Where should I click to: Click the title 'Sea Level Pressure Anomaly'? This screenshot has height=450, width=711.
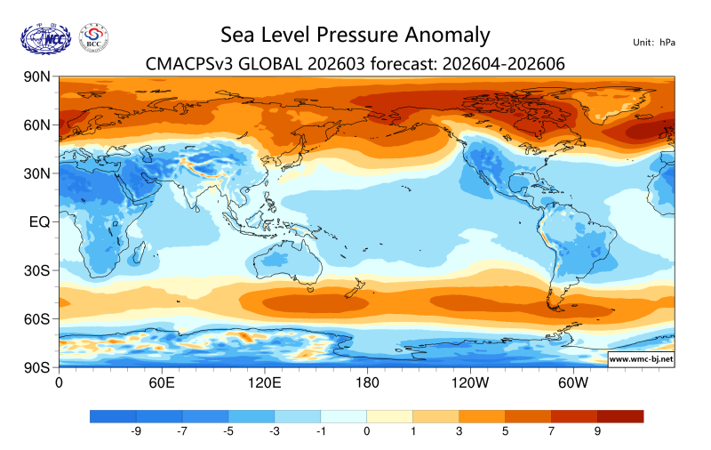pos(355,36)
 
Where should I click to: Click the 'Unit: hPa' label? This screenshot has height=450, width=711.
pos(655,42)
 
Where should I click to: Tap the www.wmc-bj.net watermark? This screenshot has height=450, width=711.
pos(640,359)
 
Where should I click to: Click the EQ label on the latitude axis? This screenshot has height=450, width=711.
pos(39,221)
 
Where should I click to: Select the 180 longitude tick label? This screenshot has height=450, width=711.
pos(366,383)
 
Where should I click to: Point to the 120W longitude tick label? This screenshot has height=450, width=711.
pos(470,383)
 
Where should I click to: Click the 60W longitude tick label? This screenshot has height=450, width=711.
pos(573,383)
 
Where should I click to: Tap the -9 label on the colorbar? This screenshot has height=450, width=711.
pos(137,431)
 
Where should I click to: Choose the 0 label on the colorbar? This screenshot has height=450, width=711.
pos(367,431)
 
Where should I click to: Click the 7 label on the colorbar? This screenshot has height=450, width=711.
pos(551,431)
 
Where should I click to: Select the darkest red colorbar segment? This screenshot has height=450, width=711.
pos(619,416)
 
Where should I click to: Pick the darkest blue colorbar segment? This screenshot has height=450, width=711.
pos(113,416)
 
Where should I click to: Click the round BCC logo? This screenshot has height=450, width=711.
pos(94,37)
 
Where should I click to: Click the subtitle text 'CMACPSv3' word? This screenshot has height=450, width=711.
pos(189,63)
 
